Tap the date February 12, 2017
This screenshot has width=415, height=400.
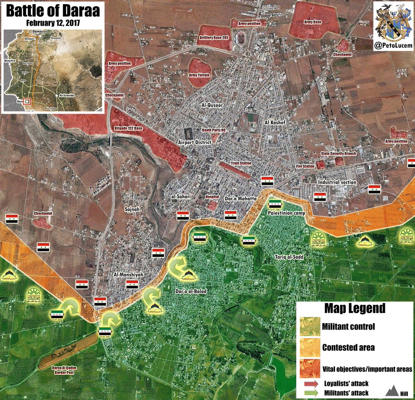click(53, 24)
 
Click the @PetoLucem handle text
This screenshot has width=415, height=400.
click(393, 45)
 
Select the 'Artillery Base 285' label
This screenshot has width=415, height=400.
click(214, 38)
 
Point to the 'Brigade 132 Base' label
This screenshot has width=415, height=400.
click(128, 128)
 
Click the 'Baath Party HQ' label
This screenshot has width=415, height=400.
click(214, 130)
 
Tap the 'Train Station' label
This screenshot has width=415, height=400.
click(241, 163)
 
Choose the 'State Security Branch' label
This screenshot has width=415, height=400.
click(338, 154)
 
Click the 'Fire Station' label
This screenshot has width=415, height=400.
click(305, 166)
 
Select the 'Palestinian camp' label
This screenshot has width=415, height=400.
click(286, 213)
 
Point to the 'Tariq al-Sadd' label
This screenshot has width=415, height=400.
click(289, 257)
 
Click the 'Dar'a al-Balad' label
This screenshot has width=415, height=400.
click(191, 291)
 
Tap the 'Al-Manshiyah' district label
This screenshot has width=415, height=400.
click(128, 275)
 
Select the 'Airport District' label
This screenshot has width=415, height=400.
click(195, 142)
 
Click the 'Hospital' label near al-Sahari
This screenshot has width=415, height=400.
click(212, 197)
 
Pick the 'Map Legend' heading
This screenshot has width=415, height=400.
click(354, 308)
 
